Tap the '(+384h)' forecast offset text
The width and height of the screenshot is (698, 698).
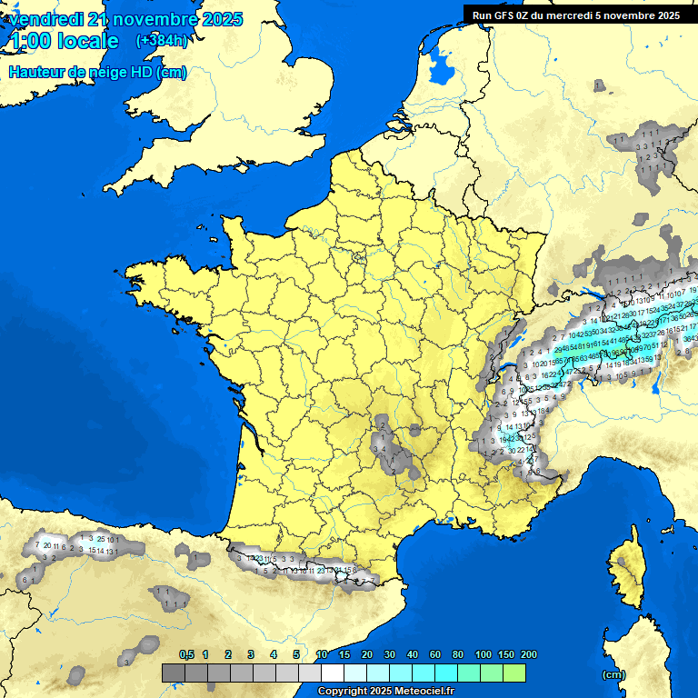162,41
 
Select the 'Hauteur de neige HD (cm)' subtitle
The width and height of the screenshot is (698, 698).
97,73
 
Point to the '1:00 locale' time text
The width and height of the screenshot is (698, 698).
63,41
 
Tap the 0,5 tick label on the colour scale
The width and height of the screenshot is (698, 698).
186,654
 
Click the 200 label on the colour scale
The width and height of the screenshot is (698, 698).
528,654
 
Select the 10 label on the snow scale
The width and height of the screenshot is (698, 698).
322,654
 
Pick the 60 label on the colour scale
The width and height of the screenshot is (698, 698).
435,654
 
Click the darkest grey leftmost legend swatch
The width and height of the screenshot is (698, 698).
174,673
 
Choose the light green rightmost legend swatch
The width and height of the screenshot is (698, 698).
514,673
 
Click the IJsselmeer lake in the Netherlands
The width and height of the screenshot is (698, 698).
443,65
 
